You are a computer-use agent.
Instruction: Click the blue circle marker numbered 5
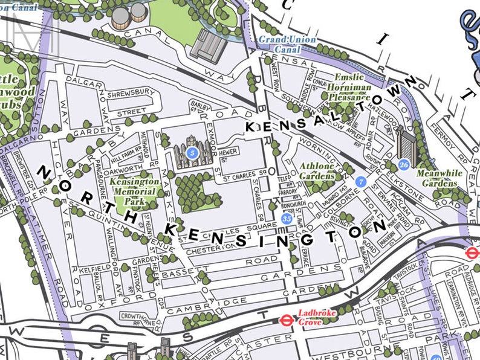(x=192, y=153)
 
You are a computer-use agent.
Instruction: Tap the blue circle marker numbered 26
(x=404, y=164)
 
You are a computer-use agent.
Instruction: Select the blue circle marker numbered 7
(x=362, y=181)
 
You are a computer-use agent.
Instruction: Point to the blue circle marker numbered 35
(x=287, y=218)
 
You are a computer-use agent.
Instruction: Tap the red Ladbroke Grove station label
(x=313, y=317)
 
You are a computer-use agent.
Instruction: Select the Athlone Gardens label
(x=317, y=171)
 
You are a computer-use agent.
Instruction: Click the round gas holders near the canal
(x=129, y=13)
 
